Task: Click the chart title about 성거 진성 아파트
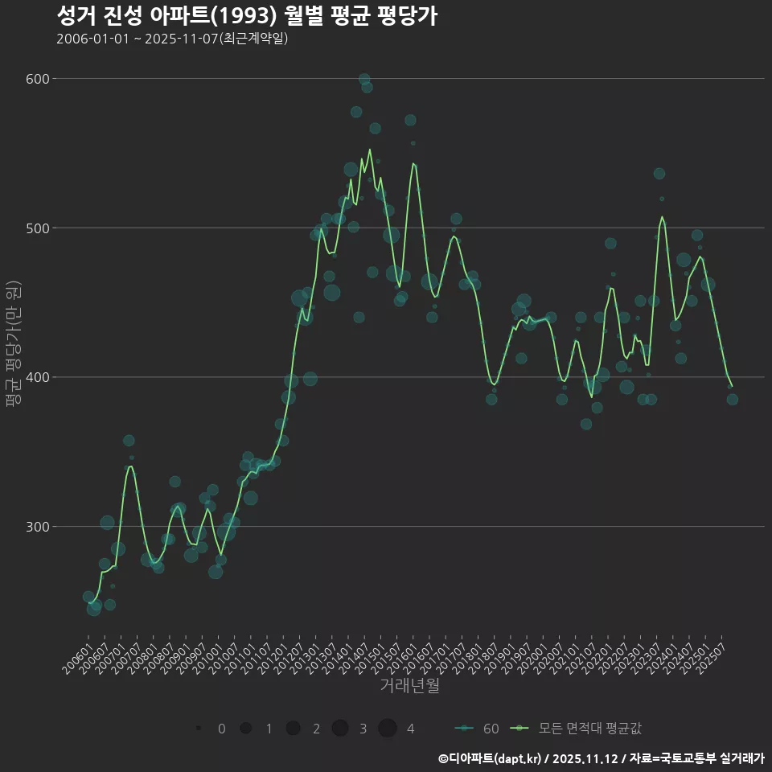pyautogui.click(x=247, y=16)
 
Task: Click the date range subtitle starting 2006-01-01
pyautogui.click(x=172, y=39)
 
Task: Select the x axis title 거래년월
pyautogui.click(x=409, y=686)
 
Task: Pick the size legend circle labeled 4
pyautogui.click(x=388, y=729)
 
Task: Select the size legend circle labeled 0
pyautogui.click(x=198, y=729)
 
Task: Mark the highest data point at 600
pyautogui.click(x=364, y=80)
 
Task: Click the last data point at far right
pyautogui.click(x=732, y=400)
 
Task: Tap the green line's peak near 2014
pyautogui.click(x=370, y=150)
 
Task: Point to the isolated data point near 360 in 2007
pyautogui.click(x=129, y=441)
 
